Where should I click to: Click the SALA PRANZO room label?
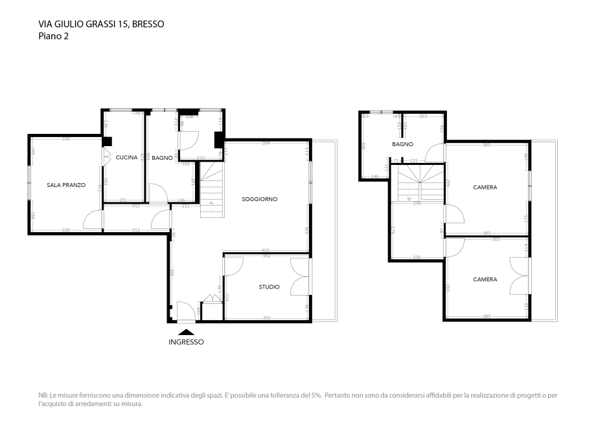coord(66,185)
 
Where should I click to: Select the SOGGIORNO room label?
coord(259,199)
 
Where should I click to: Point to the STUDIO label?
coord(269,286)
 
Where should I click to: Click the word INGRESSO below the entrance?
coord(186,342)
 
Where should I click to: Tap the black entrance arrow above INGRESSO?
coord(186,332)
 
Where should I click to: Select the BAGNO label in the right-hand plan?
coord(402,144)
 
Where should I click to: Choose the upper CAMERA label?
coord(485,188)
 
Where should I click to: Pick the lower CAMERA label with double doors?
coord(485,279)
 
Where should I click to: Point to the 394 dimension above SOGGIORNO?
coord(266,143)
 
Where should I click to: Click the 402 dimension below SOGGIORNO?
coord(265,250)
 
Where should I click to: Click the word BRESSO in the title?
coord(148,24)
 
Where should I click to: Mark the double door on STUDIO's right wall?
coord(301,275)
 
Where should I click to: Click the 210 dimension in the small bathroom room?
coord(201,157)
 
